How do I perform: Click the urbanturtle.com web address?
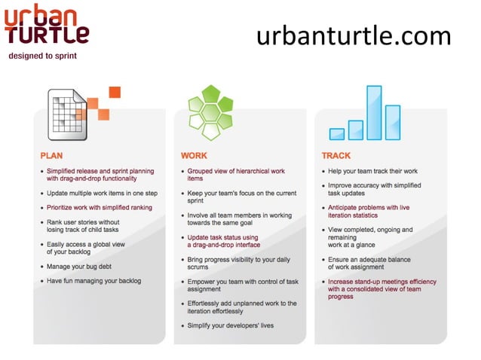click(x=354, y=35)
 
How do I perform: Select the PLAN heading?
click(x=52, y=156)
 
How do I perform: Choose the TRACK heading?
click(x=335, y=156)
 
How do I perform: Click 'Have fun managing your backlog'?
click(x=93, y=281)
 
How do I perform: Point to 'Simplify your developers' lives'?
click(x=229, y=326)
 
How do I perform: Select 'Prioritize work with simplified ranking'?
click(x=100, y=207)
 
